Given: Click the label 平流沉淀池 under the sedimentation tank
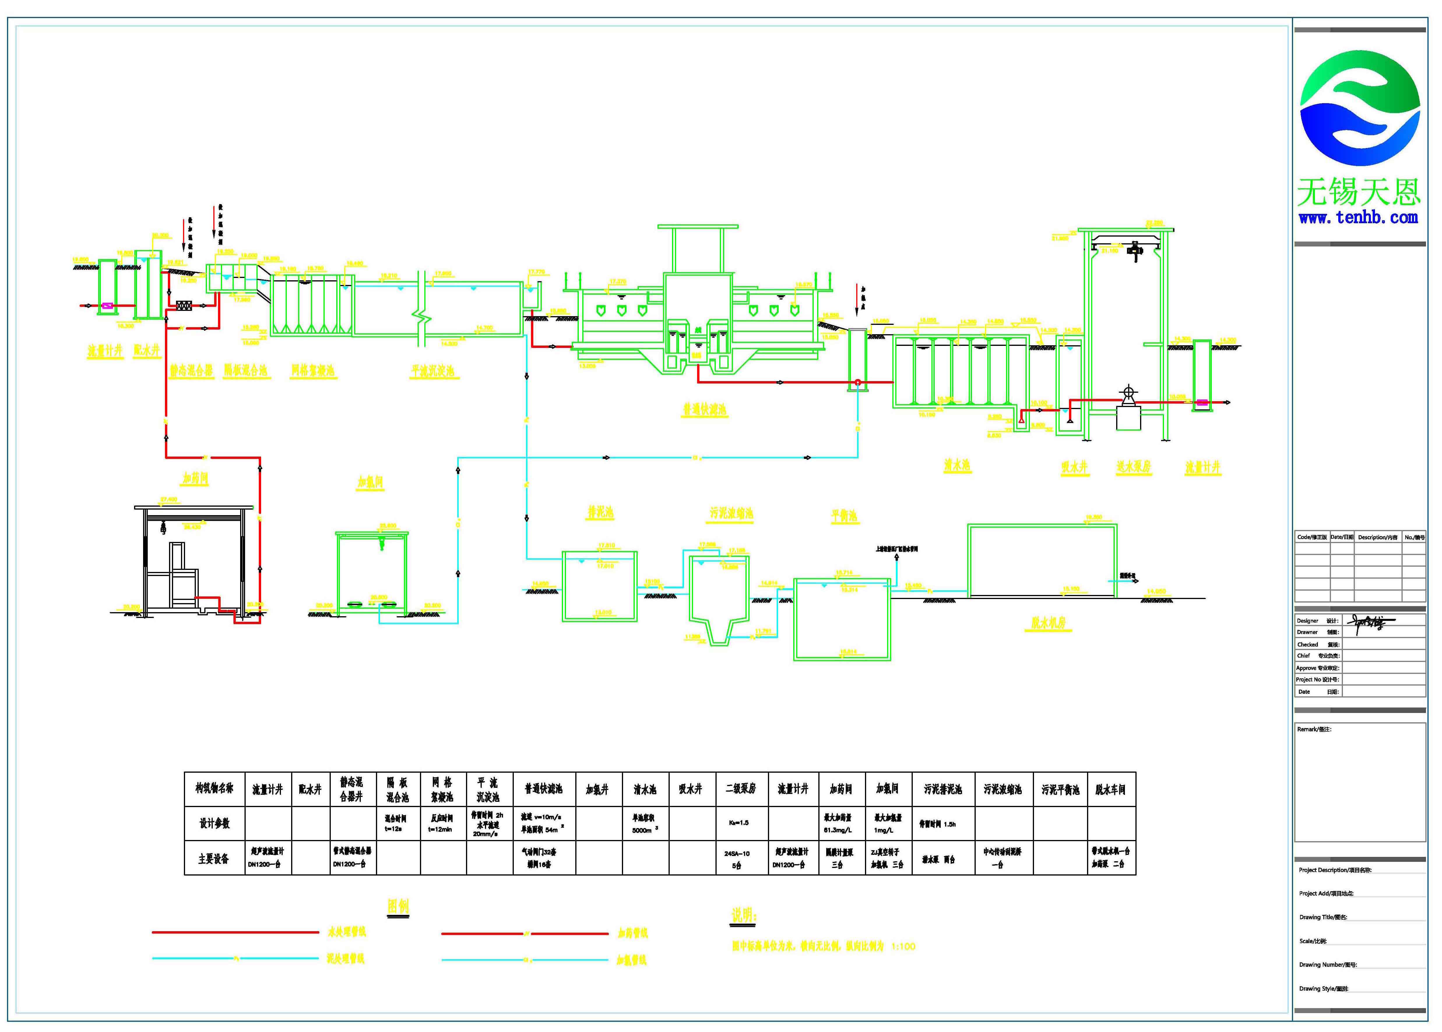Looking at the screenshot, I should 433,371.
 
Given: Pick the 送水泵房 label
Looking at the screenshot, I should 1134,466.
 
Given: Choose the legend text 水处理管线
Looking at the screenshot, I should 346,931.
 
